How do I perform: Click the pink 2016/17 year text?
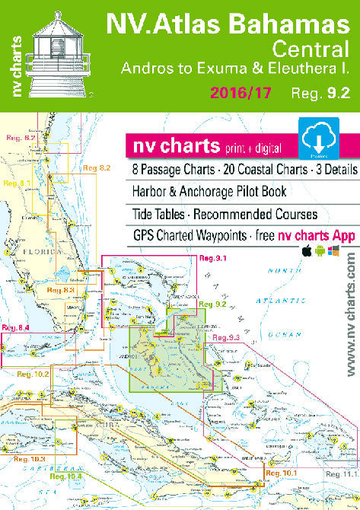click(246, 94)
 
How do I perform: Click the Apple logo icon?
click(307, 252)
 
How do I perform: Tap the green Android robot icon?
click(320, 252)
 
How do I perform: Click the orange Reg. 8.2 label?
click(97, 167)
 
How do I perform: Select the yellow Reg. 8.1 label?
click(18, 183)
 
